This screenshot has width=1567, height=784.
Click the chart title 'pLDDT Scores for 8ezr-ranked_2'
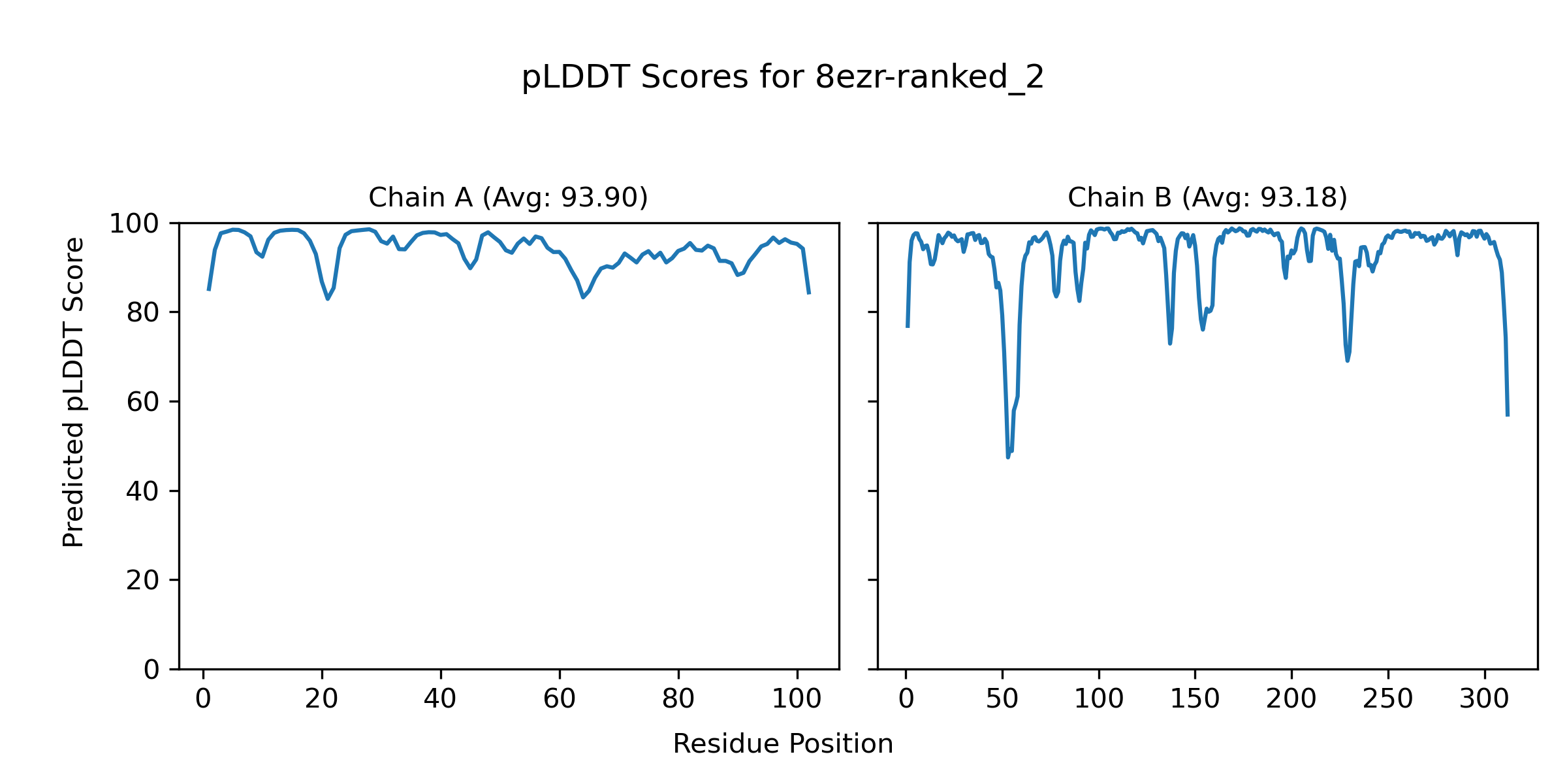pyautogui.click(x=783, y=78)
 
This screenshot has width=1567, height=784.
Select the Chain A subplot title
pyautogui.click(x=508, y=197)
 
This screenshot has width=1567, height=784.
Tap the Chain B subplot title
pyautogui.click(x=1207, y=197)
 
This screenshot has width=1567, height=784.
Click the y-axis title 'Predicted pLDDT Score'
pyautogui.click(x=74, y=392)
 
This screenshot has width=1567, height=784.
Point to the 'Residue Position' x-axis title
pyautogui.click(x=783, y=743)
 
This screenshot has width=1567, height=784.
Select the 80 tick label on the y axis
pyautogui.click(x=143, y=313)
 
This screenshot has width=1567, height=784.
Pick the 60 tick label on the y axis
pyautogui.click(x=143, y=402)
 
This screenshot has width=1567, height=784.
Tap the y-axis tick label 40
pyautogui.click(x=143, y=491)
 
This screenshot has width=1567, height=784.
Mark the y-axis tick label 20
pyautogui.click(x=143, y=580)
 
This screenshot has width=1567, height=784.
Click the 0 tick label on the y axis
pyautogui.click(x=151, y=670)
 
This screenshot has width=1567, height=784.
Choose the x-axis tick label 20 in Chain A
pyautogui.click(x=322, y=699)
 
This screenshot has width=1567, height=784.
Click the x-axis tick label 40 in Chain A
pyautogui.click(x=441, y=699)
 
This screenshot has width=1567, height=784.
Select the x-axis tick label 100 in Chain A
pyautogui.click(x=797, y=699)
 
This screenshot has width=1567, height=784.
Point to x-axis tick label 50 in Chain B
pyautogui.click(x=1002, y=699)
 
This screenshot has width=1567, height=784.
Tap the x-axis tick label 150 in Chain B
pyautogui.click(x=1195, y=699)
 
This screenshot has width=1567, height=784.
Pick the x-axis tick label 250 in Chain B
pyautogui.click(x=1388, y=699)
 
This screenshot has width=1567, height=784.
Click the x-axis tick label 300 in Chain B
pyautogui.click(x=1485, y=699)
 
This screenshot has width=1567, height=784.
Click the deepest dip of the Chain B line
pyautogui.click(x=1008, y=457)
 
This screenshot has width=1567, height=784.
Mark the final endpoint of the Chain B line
pyautogui.click(x=1508, y=416)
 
